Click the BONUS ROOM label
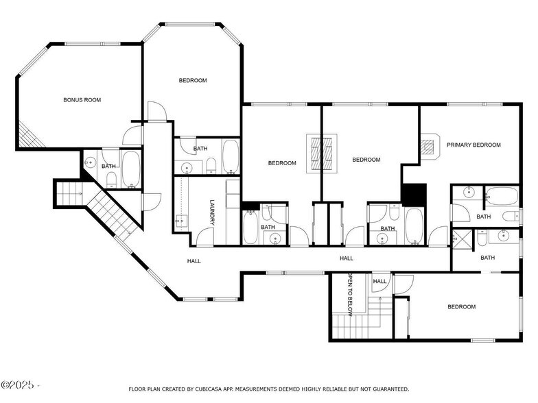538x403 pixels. point(82,100)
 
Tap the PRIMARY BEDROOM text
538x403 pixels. point(473,145)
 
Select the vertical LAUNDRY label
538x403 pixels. point(212,212)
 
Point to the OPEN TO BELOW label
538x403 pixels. point(349,294)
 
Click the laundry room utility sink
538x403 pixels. point(182,220)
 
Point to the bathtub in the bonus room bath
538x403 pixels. point(130,169)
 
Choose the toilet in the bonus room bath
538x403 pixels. point(110,180)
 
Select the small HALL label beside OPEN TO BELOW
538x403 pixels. point(379,281)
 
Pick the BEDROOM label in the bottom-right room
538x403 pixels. point(461,307)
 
